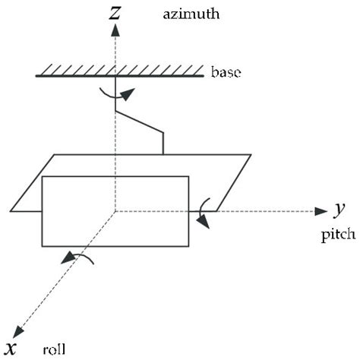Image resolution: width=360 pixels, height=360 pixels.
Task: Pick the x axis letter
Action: (13, 349)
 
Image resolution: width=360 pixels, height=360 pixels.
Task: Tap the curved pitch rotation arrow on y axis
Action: (202, 213)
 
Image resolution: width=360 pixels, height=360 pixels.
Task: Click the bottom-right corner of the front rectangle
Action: (190, 245)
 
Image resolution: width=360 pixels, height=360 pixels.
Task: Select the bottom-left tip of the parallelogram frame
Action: (10, 211)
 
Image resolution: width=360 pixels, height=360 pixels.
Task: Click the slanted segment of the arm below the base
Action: (140, 122)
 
